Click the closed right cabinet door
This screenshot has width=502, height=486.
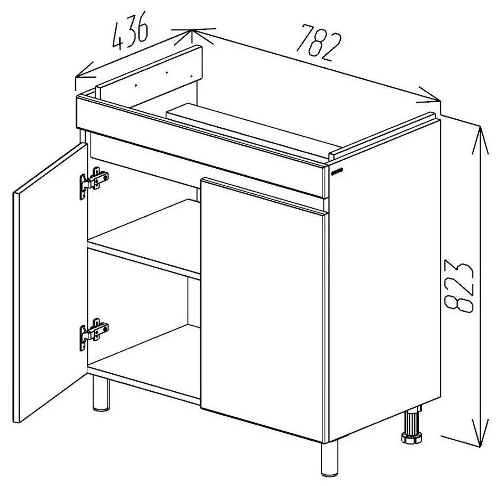pyautogui.click(x=262, y=309)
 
